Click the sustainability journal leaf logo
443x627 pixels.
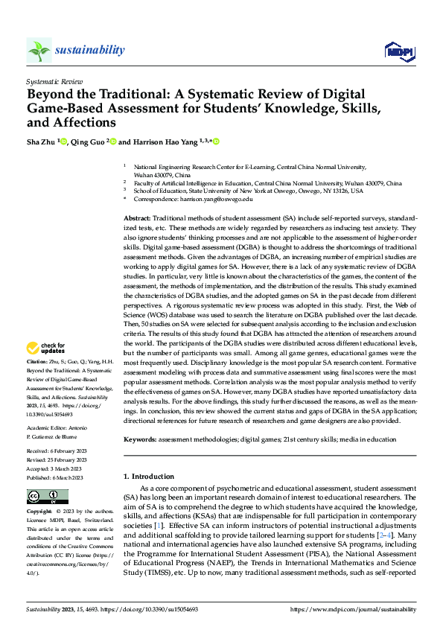point(39,51)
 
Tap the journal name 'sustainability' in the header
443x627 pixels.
point(89,50)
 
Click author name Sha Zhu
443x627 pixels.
point(42,141)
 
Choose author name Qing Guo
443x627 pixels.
point(89,141)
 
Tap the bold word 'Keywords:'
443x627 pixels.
point(140,439)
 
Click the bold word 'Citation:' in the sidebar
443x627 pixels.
point(38,361)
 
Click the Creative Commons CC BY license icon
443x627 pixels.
point(48,497)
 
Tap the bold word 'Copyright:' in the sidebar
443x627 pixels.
point(40,513)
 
